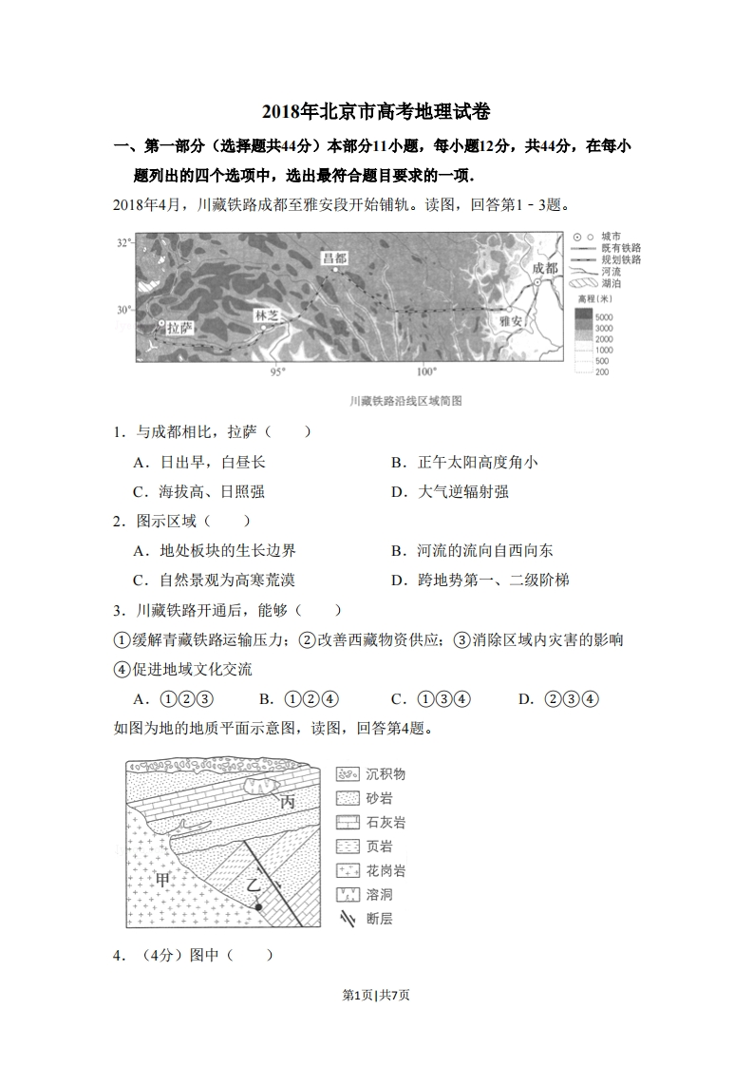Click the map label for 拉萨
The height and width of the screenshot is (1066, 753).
(x=179, y=327)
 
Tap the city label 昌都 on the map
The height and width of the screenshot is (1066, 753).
(x=334, y=258)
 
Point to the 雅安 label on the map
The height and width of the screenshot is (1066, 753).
(x=510, y=321)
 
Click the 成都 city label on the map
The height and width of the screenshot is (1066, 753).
(x=545, y=269)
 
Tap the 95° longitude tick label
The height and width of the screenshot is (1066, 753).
(x=277, y=371)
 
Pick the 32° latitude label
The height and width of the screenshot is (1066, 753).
(x=124, y=243)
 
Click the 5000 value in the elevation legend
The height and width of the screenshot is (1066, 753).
(x=604, y=315)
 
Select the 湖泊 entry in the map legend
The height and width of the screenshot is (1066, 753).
(x=612, y=283)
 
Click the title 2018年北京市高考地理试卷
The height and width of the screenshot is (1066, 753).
(x=376, y=112)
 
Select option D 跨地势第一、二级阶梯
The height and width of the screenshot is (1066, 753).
(x=493, y=580)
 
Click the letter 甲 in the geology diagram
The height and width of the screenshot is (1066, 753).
(x=163, y=880)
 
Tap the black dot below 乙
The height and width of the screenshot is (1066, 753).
(x=258, y=908)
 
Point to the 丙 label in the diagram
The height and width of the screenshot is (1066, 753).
(x=287, y=802)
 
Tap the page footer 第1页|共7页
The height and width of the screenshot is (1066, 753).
(x=376, y=995)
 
